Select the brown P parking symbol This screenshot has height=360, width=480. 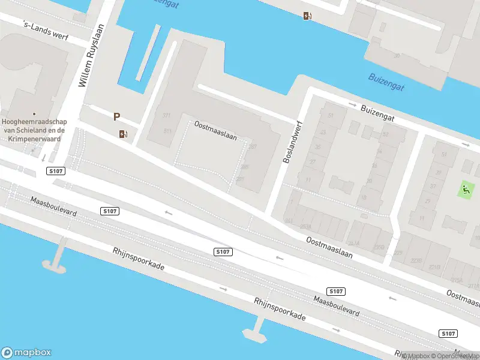point(117,117)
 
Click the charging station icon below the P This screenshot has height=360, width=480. point(124,134)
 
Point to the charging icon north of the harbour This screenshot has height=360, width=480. point(307,16)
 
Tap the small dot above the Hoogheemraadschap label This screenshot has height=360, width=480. point(34,113)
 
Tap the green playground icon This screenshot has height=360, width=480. point(466,190)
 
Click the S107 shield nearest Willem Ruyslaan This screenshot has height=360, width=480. point(56,172)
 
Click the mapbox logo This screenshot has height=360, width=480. point(26,353)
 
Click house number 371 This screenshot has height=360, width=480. point(167,115)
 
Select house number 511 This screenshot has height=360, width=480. point(167,131)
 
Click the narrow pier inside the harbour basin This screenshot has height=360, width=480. point(149,53)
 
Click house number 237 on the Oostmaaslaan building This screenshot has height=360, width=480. point(253,146)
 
